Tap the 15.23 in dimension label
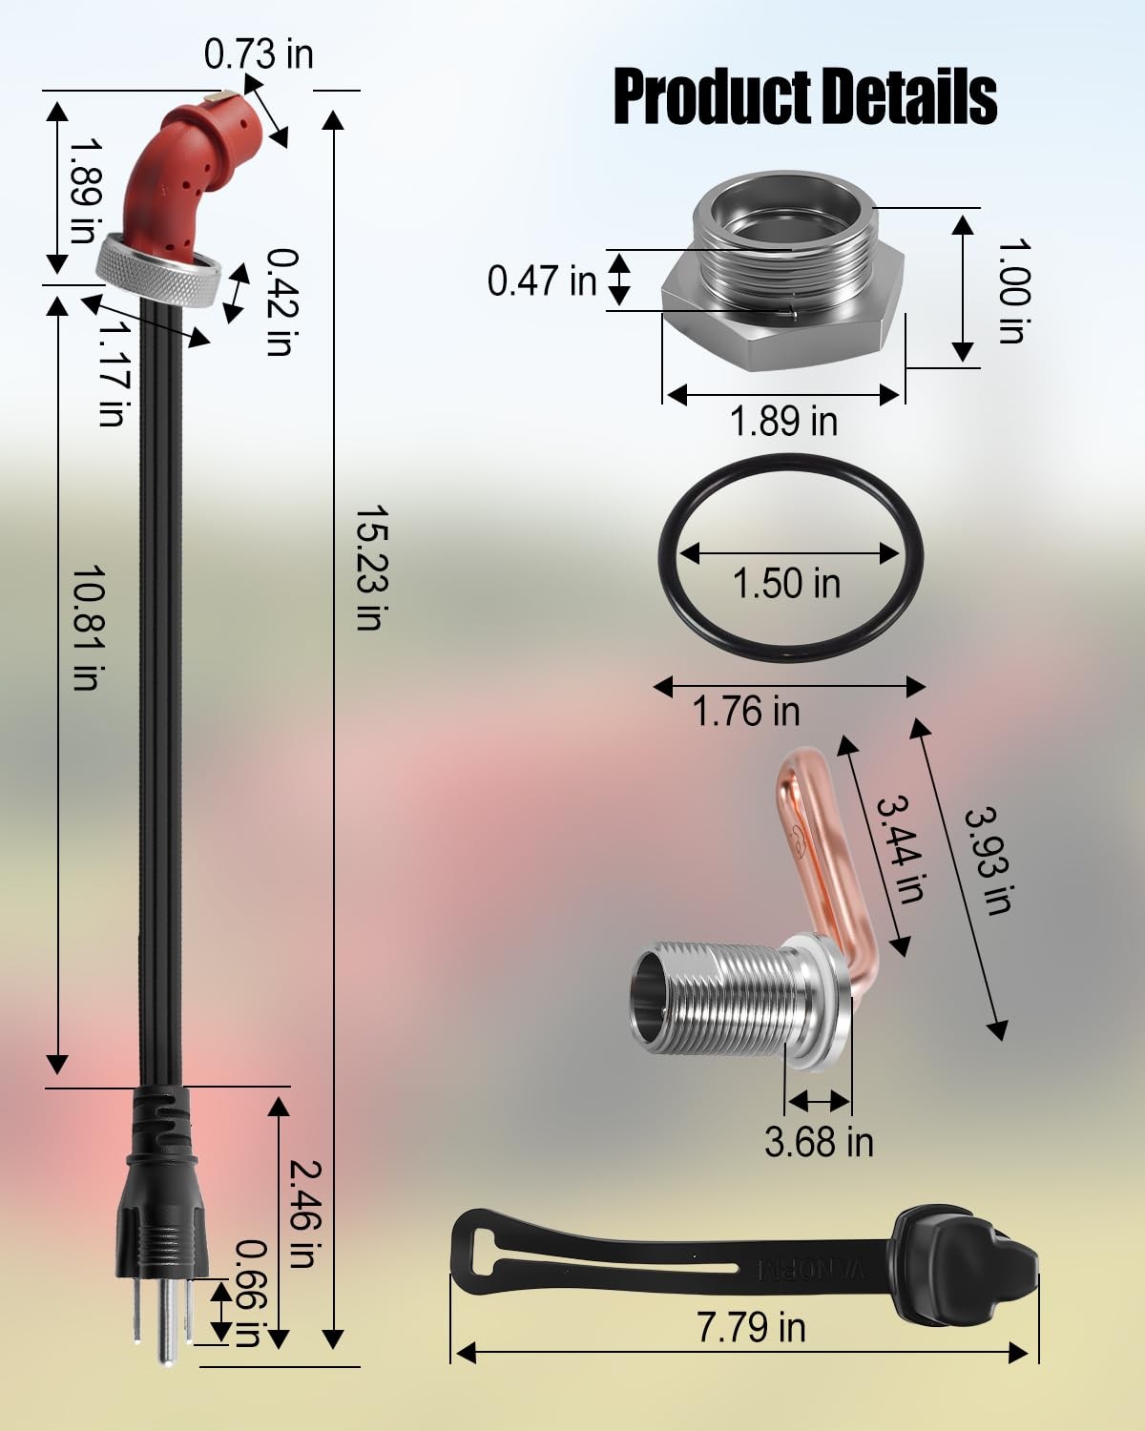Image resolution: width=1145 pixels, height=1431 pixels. click(x=369, y=568)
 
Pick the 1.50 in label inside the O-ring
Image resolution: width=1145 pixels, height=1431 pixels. click(x=786, y=584)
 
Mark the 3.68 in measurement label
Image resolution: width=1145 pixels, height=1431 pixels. click(x=819, y=1142)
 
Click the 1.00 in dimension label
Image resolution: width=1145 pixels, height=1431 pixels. click(x=1014, y=291)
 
